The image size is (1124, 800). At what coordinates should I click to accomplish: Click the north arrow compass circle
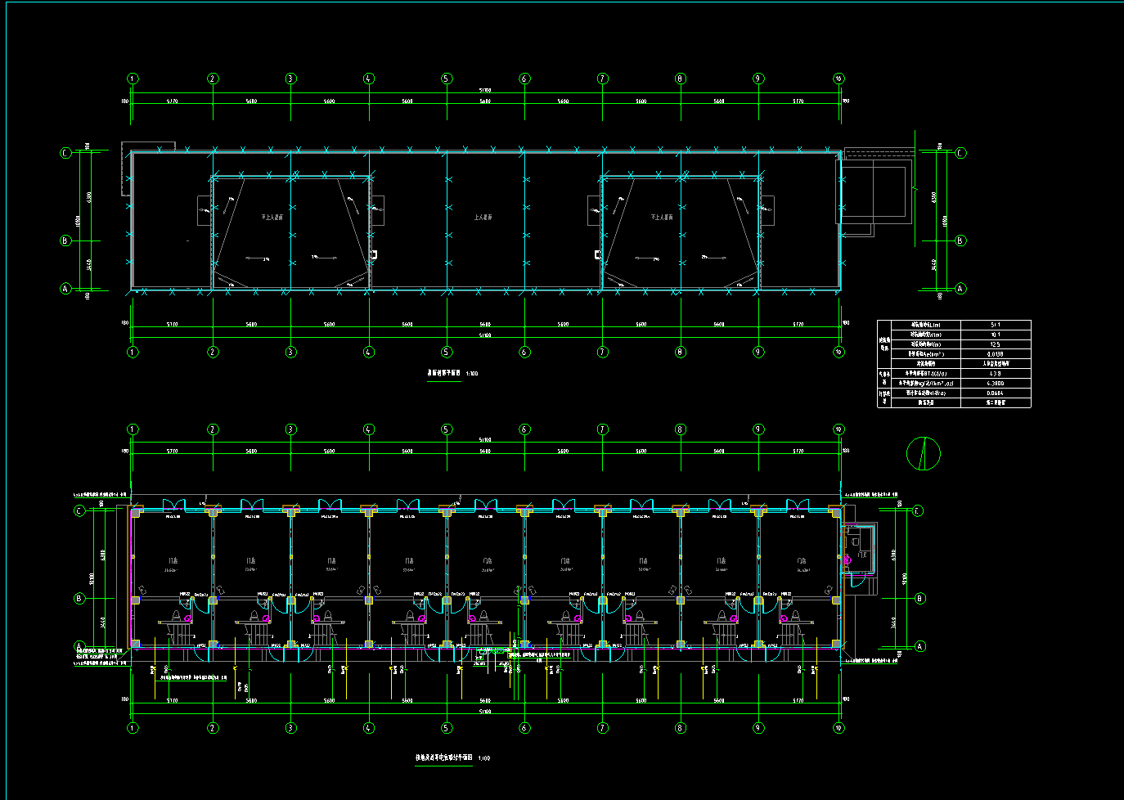[924, 453]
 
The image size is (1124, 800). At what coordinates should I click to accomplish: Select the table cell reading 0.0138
[995, 354]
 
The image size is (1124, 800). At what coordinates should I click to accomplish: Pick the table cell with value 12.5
[995, 344]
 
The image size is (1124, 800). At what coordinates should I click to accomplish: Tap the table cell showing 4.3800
[995, 383]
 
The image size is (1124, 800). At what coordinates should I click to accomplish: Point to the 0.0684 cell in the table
[995, 393]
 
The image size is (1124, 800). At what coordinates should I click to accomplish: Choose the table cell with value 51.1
[995, 325]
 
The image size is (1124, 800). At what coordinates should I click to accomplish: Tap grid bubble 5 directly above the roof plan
[447, 79]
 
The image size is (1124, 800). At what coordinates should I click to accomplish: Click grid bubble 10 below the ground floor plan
[839, 728]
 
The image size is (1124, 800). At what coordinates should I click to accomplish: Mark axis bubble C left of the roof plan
[66, 152]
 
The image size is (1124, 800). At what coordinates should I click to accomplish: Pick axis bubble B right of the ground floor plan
[919, 599]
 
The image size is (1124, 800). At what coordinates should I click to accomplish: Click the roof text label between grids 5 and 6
[483, 218]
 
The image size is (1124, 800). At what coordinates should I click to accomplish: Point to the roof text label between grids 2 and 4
[272, 218]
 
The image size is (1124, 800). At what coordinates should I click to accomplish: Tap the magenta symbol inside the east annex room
[847, 560]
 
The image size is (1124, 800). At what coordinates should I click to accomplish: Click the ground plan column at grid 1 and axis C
[137, 512]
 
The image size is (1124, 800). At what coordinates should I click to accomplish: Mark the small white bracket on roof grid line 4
[373, 254]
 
